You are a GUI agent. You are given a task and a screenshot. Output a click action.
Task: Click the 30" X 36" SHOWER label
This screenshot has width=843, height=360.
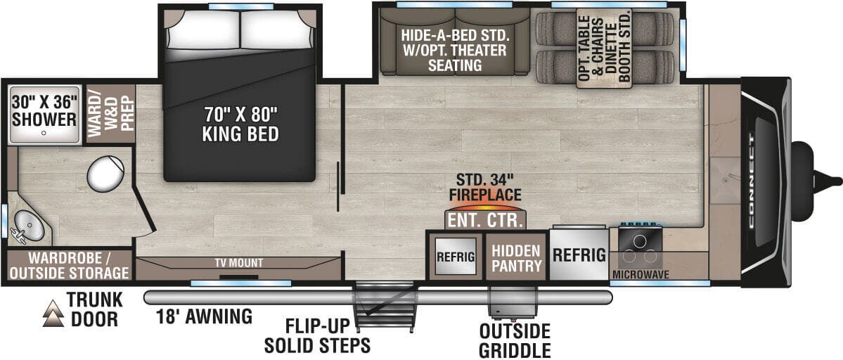tap(44, 111)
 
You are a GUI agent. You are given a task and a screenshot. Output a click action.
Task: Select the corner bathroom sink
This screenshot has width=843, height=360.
tap(28, 226)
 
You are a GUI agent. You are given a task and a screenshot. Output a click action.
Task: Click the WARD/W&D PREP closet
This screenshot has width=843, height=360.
tap(110, 113)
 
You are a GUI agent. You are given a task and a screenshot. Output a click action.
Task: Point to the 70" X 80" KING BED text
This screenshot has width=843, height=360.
tap(240, 124)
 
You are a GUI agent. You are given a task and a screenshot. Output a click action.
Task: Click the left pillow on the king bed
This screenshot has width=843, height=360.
tap(204, 30)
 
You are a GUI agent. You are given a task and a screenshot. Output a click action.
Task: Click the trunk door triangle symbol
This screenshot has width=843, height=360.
tap(53, 314)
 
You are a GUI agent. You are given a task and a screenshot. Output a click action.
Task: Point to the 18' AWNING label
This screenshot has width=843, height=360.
tap(204, 316)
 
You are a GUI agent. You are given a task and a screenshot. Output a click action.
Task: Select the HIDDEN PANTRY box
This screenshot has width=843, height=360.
tap(516, 257)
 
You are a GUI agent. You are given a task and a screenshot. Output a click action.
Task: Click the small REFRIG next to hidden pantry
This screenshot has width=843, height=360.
tap(456, 257)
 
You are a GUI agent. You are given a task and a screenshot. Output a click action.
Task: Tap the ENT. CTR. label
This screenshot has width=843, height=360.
tap(485, 220)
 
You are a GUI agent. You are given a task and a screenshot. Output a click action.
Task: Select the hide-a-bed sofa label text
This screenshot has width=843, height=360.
tap(456, 51)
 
